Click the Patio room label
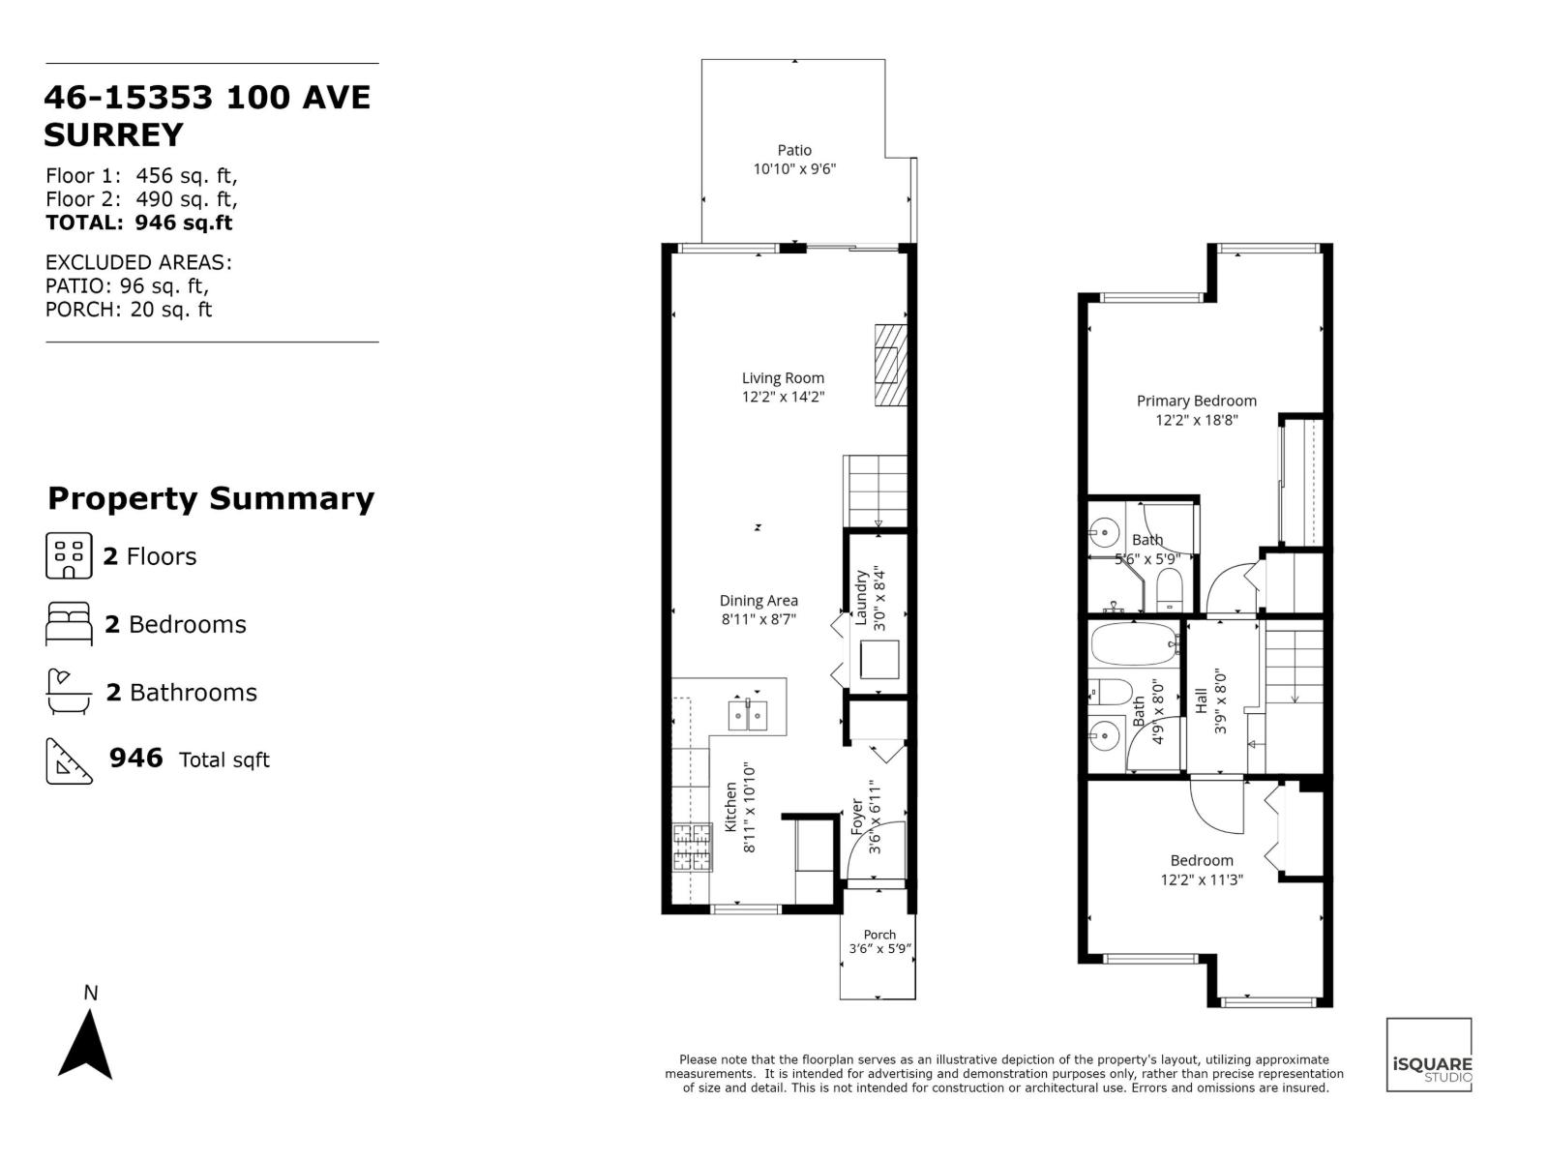(x=794, y=150)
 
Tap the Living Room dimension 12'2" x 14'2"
(x=783, y=397)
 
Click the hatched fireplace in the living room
(x=891, y=366)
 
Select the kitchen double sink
(x=748, y=715)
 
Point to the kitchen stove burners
(x=692, y=848)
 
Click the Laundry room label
(x=861, y=599)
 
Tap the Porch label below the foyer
(x=879, y=935)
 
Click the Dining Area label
(x=759, y=601)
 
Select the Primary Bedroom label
(x=1196, y=401)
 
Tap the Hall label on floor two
(x=1202, y=700)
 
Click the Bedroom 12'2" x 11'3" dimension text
(x=1202, y=880)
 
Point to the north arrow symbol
(x=86, y=1044)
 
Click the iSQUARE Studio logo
(x=1429, y=1055)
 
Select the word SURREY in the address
(x=113, y=135)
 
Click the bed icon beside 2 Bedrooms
(x=69, y=624)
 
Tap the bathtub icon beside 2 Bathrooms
(x=69, y=692)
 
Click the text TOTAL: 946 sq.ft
(x=139, y=223)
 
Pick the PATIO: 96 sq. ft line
(x=127, y=286)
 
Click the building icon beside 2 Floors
(x=69, y=555)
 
